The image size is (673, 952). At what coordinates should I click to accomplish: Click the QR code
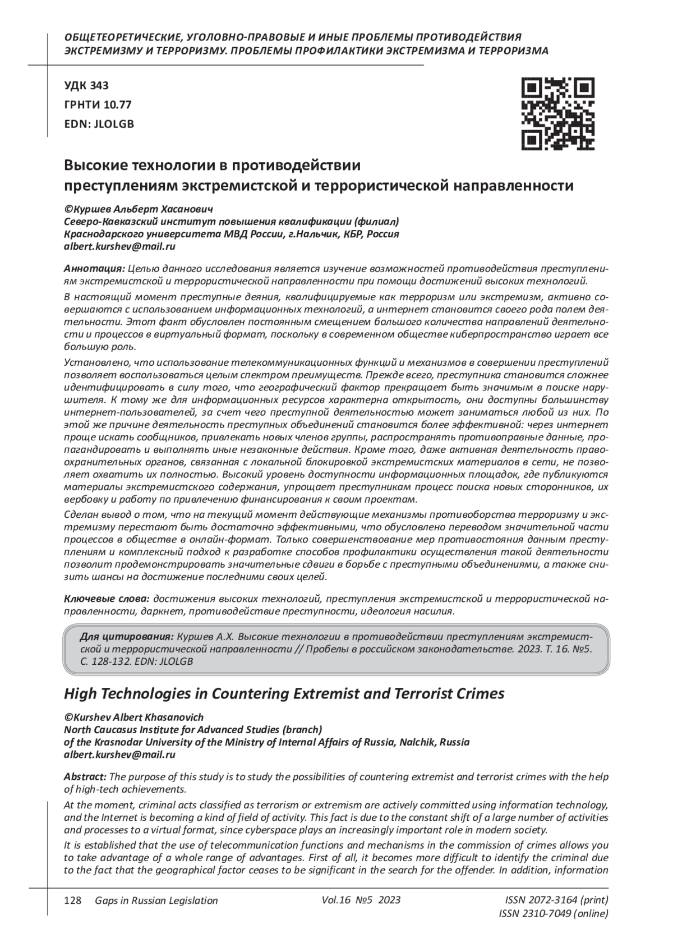click(558, 114)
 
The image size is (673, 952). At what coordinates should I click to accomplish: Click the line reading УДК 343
click(86, 86)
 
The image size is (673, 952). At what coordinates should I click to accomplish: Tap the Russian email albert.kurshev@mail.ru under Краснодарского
click(120, 246)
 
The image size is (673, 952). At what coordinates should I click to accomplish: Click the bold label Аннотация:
click(94, 268)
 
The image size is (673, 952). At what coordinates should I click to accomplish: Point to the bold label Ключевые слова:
click(107, 599)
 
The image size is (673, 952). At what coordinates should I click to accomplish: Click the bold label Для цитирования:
click(127, 637)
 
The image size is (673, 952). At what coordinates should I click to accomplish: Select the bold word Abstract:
click(85, 776)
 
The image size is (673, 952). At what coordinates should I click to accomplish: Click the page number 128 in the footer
click(73, 901)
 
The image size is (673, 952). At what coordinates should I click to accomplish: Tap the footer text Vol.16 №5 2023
click(361, 900)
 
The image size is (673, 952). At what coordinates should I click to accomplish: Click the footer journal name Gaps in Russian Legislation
click(156, 901)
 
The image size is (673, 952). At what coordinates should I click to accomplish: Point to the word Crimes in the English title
click(480, 693)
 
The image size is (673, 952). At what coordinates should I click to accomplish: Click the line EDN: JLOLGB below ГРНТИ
click(99, 124)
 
